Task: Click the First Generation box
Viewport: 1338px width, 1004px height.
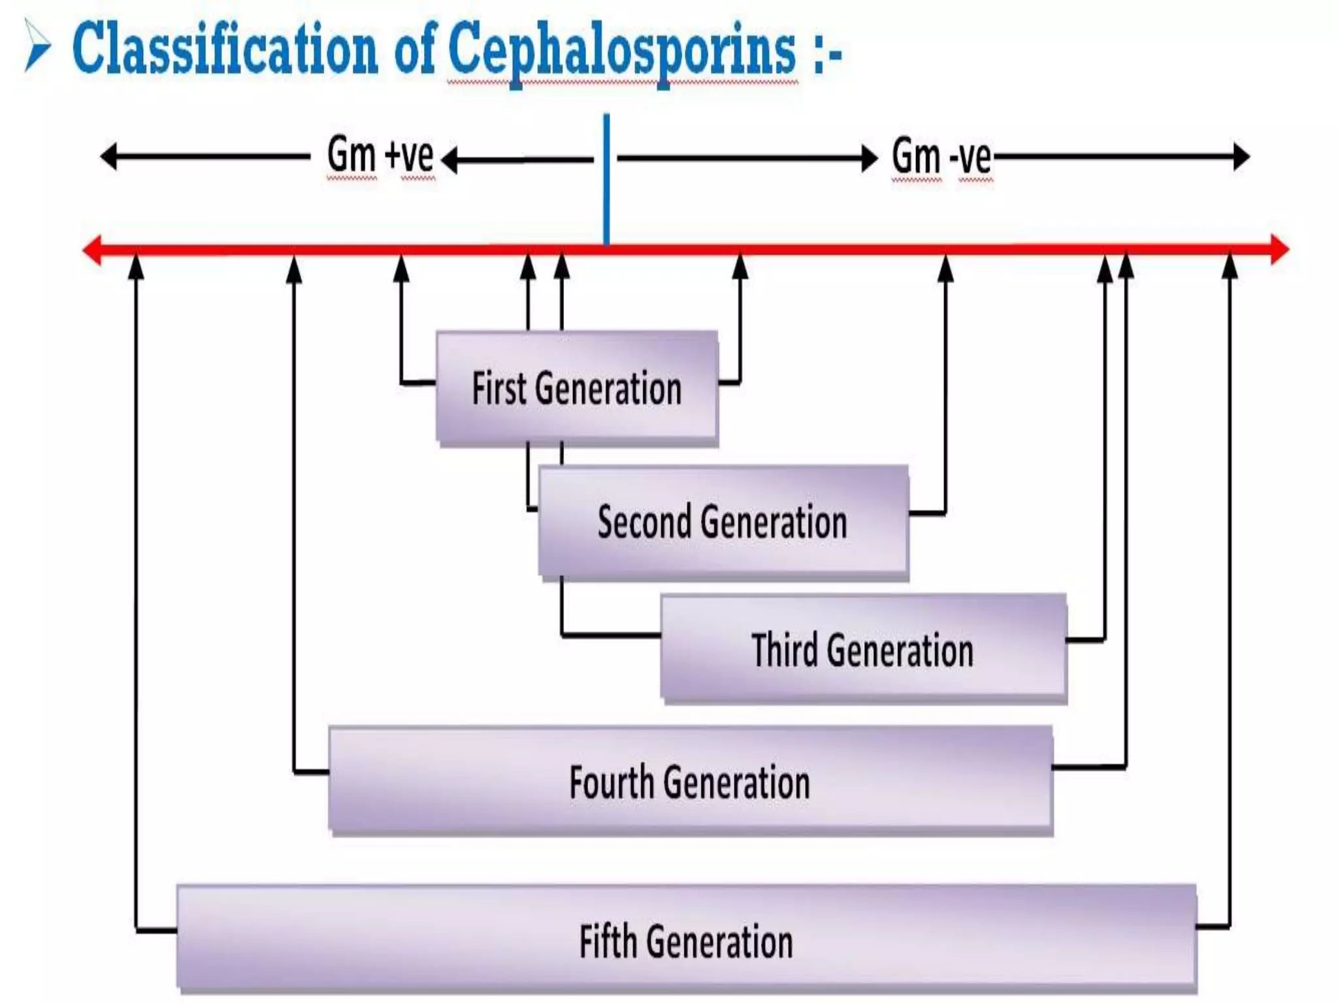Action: click(x=578, y=388)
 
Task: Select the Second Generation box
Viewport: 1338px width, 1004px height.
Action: click(x=723, y=522)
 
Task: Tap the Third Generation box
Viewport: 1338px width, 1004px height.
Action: click(x=863, y=648)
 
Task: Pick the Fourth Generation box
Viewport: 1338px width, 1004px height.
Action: click(x=690, y=780)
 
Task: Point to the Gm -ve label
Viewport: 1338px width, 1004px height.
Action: click(x=941, y=157)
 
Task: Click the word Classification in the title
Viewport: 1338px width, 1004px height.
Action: click(x=225, y=48)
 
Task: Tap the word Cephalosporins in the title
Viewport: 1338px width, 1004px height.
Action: click(x=622, y=50)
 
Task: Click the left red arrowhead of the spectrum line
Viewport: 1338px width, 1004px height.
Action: click(x=92, y=249)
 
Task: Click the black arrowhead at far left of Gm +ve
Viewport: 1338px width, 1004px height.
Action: click(x=108, y=157)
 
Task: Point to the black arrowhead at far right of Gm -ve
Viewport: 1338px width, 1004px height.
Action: click(x=1241, y=157)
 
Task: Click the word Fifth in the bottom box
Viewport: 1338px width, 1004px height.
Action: click(x=608, y=941)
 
